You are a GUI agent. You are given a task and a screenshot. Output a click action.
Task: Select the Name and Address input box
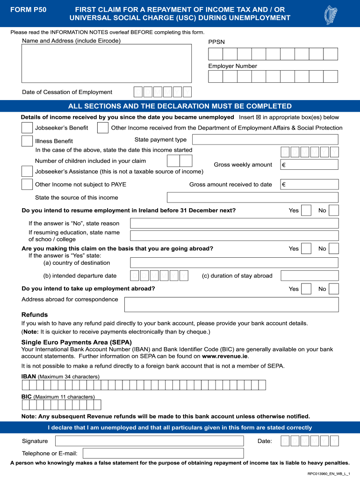pos(107,64)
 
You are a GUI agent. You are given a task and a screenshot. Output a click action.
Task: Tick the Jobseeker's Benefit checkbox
pos(27,128)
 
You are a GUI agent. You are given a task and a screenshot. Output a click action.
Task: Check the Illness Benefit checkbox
pos(27,141)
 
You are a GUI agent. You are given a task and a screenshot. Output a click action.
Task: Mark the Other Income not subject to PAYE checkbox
pos(27,184)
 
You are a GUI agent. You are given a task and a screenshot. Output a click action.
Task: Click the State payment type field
pos(265,139)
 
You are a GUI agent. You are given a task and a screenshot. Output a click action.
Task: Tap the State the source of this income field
pos(252,197)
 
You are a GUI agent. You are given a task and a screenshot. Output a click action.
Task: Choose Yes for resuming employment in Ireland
pos(306,210)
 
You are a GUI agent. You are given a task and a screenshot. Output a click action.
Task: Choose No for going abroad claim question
pos(334,248)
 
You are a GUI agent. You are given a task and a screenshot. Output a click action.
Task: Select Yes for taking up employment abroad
pos(306,289)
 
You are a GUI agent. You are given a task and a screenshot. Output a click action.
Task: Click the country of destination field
pos(234,262)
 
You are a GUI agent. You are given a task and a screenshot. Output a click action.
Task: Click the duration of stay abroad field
pos(309,276)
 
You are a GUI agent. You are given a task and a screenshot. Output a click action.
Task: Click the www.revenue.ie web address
pos(225,356)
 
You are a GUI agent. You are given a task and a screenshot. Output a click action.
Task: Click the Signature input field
pos(149,441)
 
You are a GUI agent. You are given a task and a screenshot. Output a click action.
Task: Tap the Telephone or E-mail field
pos(163,453)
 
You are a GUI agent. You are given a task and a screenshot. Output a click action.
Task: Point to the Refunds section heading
pos(35,315)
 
